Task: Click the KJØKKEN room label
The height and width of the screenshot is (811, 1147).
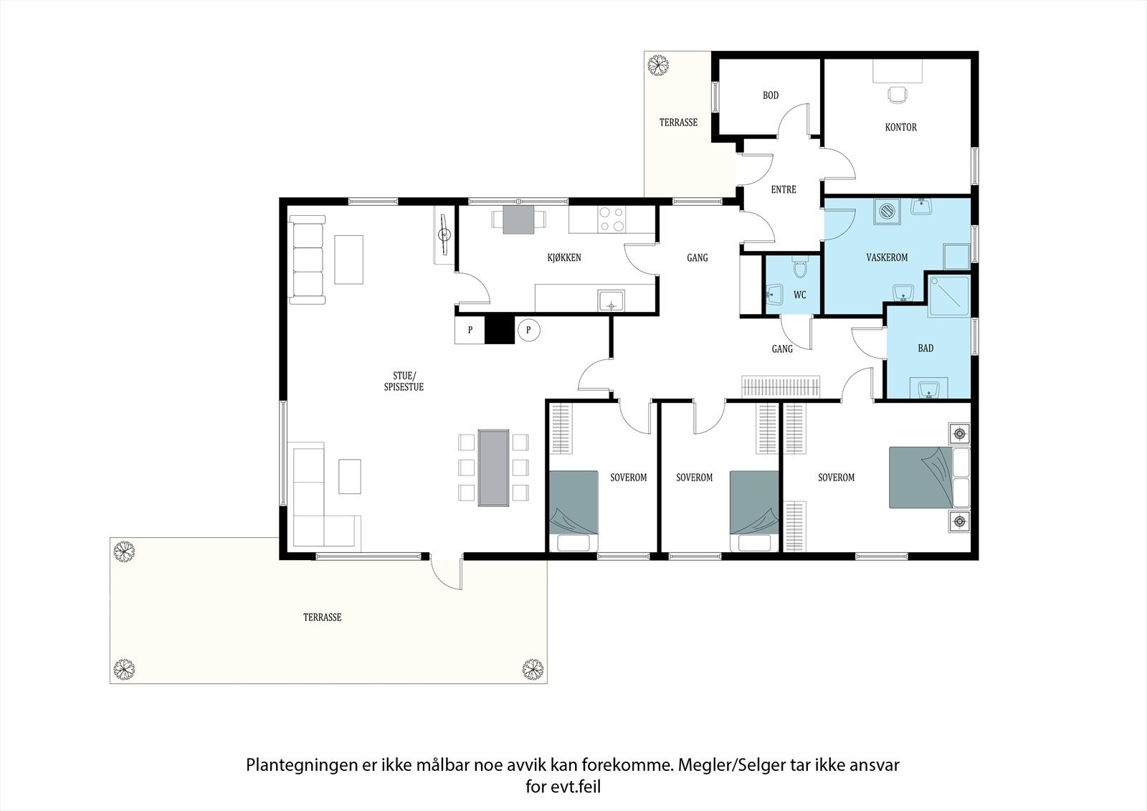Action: pos(564,257)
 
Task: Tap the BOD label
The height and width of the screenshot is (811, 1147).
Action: pos(771,95)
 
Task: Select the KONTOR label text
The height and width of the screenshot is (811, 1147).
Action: pos(900,127)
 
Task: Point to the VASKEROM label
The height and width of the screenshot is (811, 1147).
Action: pos(887,257)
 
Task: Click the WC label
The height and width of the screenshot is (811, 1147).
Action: pos(800,295)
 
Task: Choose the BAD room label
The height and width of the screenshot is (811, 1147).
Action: pos(925,348)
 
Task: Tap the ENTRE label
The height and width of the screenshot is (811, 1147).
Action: pos(784,189)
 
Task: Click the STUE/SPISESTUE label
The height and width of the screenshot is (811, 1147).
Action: pos(404,381)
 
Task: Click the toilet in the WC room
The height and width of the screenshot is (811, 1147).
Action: pos(800,266)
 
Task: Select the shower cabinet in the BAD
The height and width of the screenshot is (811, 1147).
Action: pos(949,296)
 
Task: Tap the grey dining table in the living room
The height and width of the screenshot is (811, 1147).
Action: pos(494,468)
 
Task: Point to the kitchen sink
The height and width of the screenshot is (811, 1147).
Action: pos(611,300)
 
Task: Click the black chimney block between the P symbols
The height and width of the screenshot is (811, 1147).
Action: pos(499,329)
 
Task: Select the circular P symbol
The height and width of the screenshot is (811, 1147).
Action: pos(528,330)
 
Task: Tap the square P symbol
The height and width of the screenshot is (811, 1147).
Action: pos(470,330)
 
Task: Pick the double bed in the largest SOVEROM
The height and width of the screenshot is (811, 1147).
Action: pos(929,478)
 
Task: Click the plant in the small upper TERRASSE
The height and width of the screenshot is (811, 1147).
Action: pos(658,65)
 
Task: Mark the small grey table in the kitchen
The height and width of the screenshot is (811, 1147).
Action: pos(518,220)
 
